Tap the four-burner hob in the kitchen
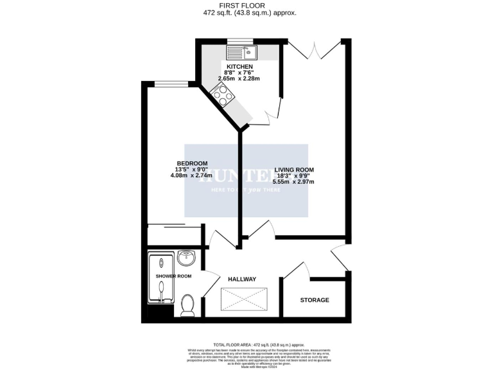pos(223,96)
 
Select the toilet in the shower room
pos(188,304)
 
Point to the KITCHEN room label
pos(239,67)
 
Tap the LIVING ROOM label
pos(294,170)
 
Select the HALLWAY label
pos(242,279)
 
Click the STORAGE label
pos(315,300)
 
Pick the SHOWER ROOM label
pos(174,276)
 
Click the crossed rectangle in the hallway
pos(244,298)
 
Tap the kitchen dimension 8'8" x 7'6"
pos(239,73)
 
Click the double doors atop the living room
pos(314,49)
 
